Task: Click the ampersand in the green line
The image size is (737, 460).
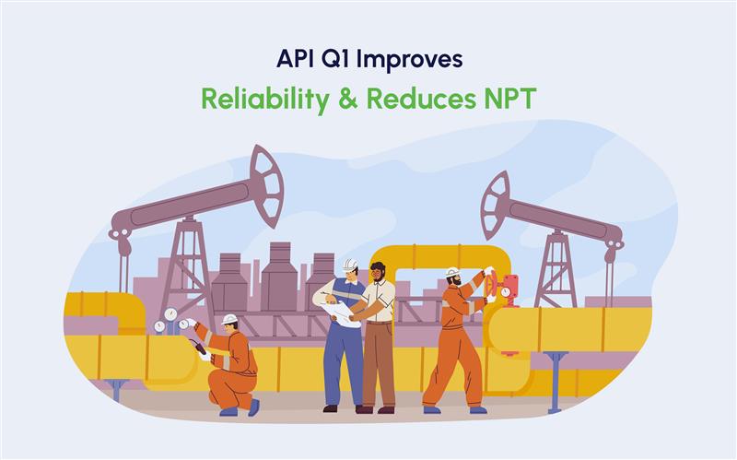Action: click(x=348, y=99)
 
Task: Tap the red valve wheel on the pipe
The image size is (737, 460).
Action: click(x=492, y=285)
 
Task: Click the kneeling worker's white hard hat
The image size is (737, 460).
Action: click(x=229, y=319)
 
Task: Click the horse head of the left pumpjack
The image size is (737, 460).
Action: click(x=266, y=186)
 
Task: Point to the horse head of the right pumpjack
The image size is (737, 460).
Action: click(x=495, y=206)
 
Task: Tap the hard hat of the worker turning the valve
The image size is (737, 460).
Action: click(x=452, y=272)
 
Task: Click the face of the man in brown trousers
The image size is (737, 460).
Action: click(x=377, y=273)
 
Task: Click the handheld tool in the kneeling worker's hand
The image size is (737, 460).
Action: click(x=197, y=347)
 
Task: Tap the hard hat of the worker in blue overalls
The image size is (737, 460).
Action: click(x=350, y=265)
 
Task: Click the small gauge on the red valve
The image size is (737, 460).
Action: click(x=505, y=292)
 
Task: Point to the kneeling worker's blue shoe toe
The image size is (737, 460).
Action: click(x=254, y=407)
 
